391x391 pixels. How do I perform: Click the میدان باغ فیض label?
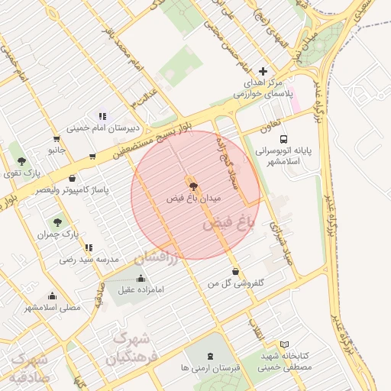pyautogui.click(x=194, y=198)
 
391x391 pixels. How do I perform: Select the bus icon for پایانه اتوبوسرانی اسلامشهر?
pyautogui.click(x=284, y=140)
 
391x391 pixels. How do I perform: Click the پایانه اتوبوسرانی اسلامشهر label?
pyautogui.click(x=284, y=157)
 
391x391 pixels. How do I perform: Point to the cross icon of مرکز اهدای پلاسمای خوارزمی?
pyautogui.click(x=264, y=70)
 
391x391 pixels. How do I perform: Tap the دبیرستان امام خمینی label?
pyautogui.click(x=102, y=129)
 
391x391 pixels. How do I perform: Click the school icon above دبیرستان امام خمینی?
pyautogui.click(x=102, y=117)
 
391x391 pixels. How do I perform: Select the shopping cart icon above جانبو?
pyautogui.click(x=57, y=139)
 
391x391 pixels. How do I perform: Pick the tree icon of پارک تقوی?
pyautogui.click(x=21, y=161)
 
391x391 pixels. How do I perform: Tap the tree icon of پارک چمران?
pyautogui.click(x=58, y=222)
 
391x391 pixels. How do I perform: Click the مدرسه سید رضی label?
pyautogui.click(x=89, y=260)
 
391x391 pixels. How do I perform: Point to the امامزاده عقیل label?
pyautogui.click(x=137, y=290)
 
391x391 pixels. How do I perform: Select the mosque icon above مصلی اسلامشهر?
pyautogui.click(x=52, y=296)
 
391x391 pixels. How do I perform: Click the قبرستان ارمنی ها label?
pyautogui.click(x=211, y=367)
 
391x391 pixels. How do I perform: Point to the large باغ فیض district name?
pyautogui.click(x=227, y=225)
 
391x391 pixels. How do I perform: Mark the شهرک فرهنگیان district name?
pyautogui.click(x=131, y=347)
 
